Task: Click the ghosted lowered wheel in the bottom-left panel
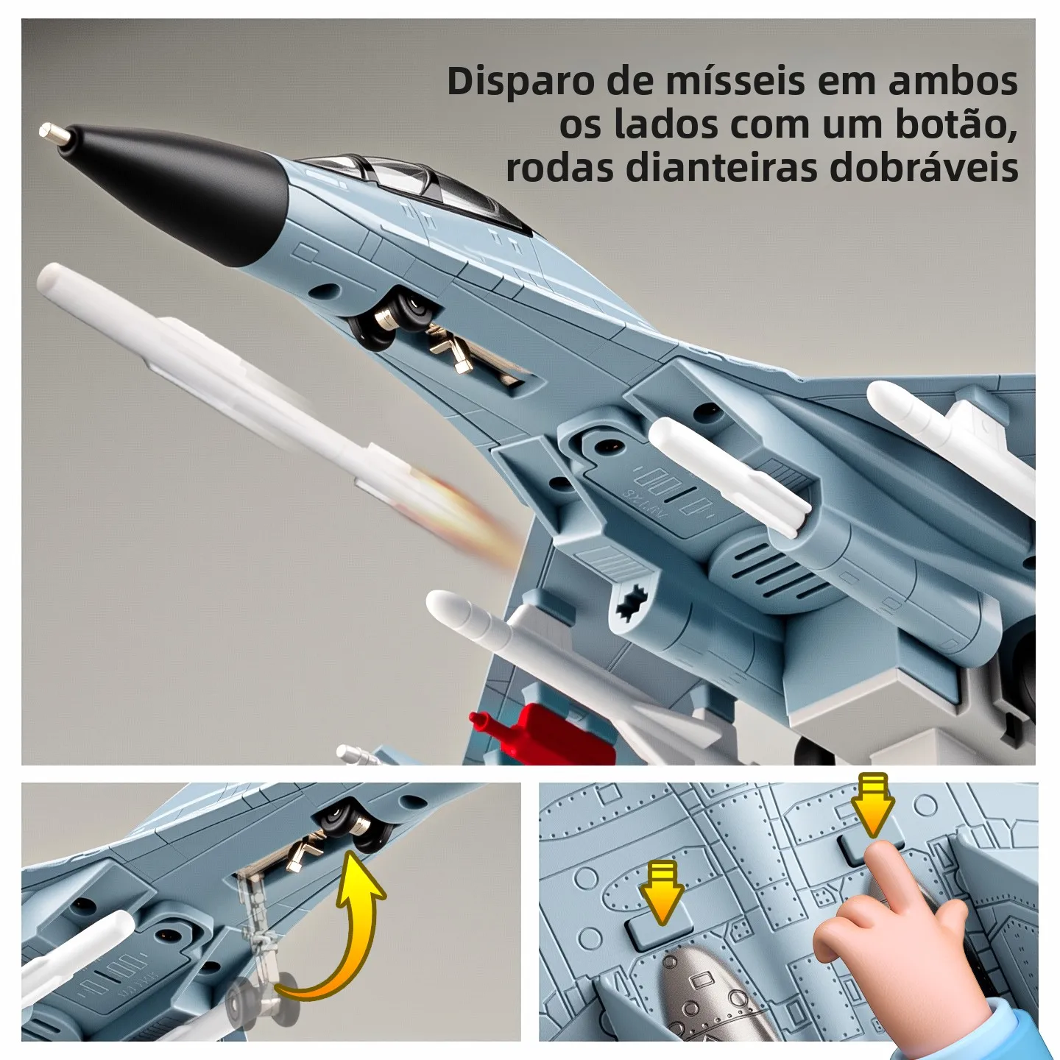(258, 1001)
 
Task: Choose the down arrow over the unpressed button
(662, 891)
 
